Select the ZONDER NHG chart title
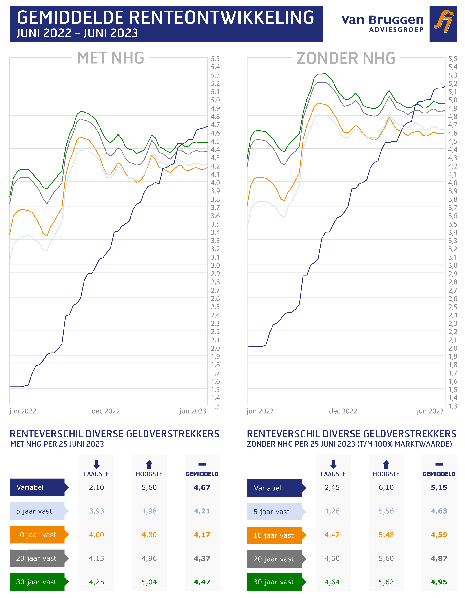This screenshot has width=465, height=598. [x=346, y=58]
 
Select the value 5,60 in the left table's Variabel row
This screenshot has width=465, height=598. [x=149, y=487]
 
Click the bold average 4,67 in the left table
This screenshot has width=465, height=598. [x=202, y=487]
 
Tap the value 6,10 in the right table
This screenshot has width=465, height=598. [x=386, y=487]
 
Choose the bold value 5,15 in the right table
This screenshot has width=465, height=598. [x=439, y=487]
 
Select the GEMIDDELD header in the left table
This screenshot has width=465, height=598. [x=202, y=474]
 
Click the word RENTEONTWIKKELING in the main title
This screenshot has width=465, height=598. [x=221, y=18]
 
